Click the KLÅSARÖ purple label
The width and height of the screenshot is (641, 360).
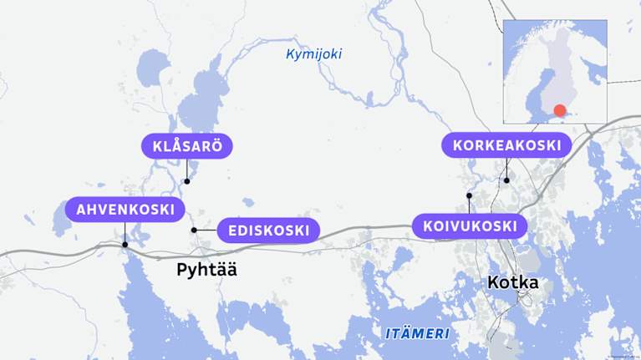tap(187, 146)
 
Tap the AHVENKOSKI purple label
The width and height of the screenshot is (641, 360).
tap(125, 209)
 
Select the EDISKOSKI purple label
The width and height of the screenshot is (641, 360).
tap(268, 230)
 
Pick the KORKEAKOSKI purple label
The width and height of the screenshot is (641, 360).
tap(506, 145)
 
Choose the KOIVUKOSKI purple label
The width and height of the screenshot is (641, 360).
tap(470, 226)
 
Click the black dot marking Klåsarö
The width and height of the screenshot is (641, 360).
tap(187, 181)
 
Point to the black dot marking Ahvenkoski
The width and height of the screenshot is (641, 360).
tap(125, 245)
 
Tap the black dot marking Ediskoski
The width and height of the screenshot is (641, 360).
tap(194, 230)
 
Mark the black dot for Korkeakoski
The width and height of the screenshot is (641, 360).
tap(506, 180)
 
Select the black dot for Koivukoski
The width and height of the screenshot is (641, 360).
tap(470, 195)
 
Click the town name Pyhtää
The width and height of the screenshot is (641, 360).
tap(206, 270)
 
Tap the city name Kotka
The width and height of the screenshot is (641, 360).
tap(512, 282)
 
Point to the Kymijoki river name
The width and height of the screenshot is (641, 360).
tap(313, 54)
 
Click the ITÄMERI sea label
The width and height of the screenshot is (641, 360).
tap(417, 333)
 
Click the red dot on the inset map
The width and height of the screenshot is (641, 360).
tap(560, 110)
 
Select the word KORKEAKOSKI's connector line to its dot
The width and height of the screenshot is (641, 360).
tap(506, 168)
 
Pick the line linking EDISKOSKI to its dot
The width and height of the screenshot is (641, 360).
tap(206, 230)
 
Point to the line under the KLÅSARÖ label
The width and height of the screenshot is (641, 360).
tap(187, 169)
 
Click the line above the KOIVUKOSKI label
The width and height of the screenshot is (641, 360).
tap(470, 205)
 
